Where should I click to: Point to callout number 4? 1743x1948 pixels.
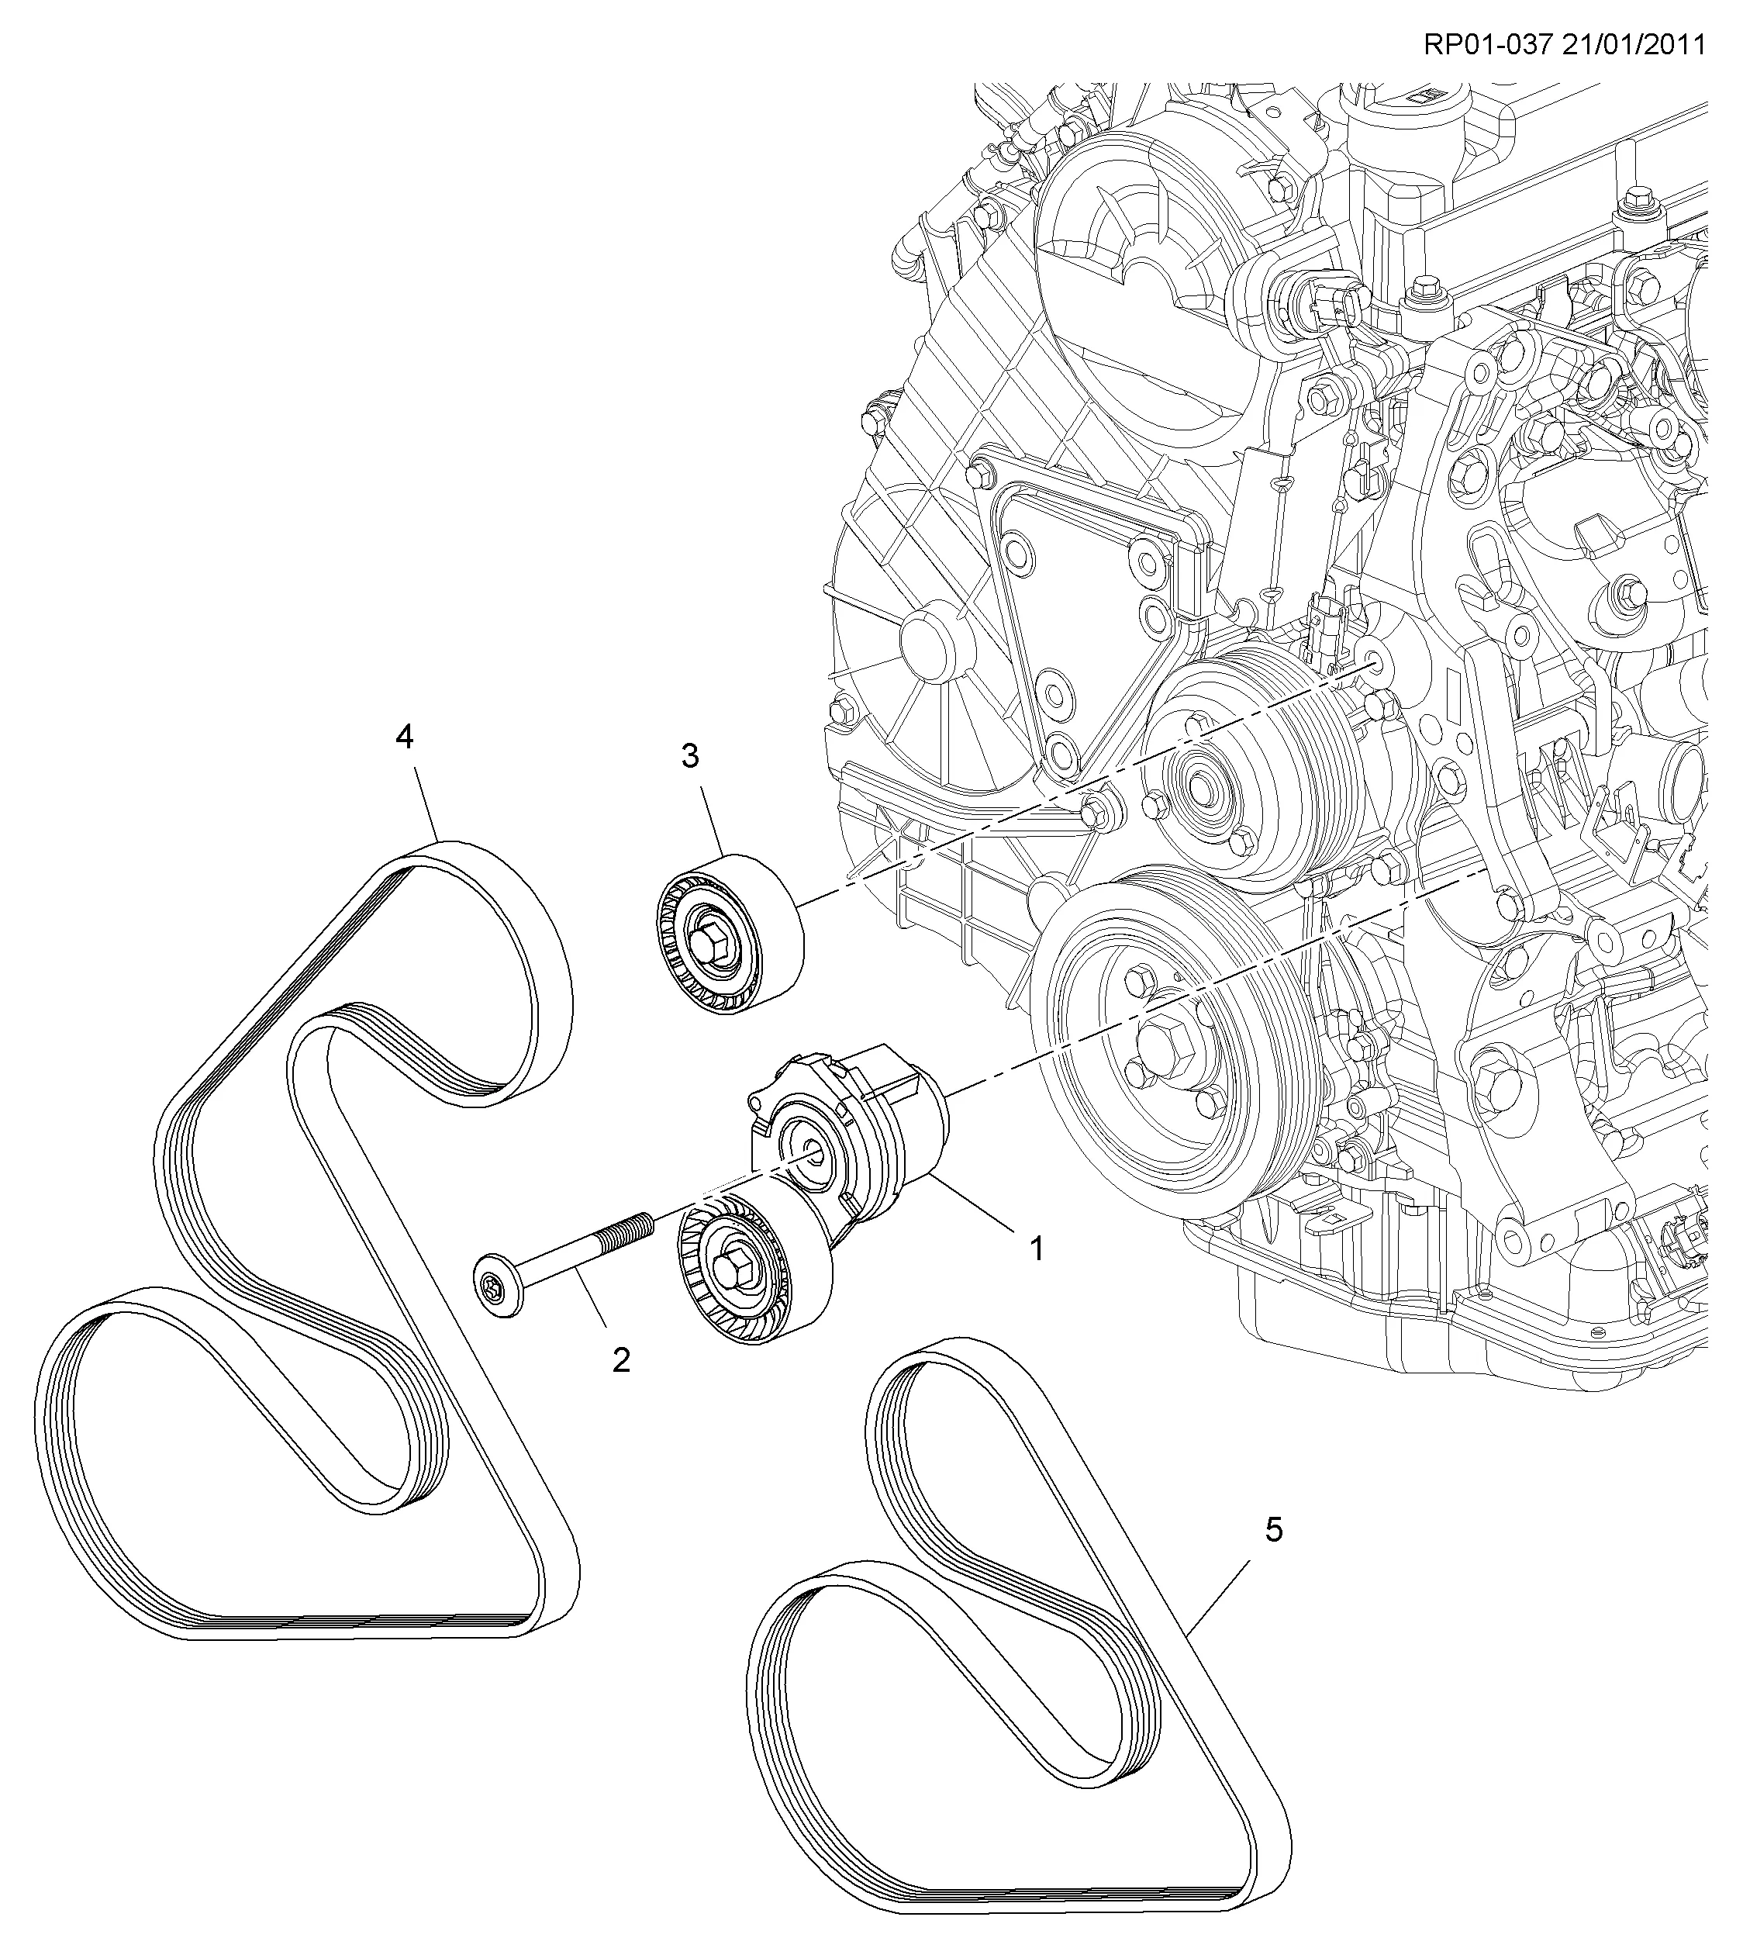[404, 737]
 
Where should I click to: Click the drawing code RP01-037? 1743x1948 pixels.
[1487, 45]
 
